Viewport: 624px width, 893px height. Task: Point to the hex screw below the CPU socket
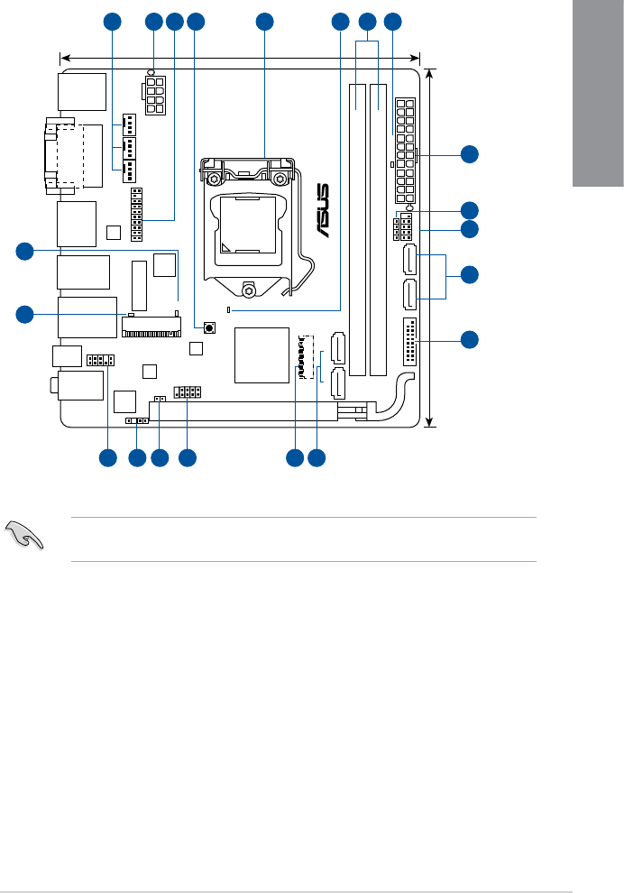coord(247,289)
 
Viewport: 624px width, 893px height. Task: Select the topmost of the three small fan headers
coord(129,124)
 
